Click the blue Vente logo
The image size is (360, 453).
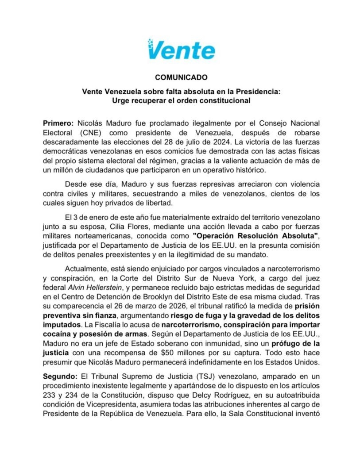point(181,50)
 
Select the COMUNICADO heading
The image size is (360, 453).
point(181,77)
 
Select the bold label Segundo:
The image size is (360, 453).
point(60,376)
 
